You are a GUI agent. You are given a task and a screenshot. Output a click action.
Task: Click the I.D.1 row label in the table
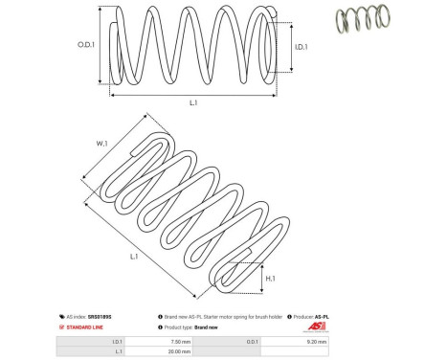tap(117, 340)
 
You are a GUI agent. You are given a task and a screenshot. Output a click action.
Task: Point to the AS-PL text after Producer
tap(326, 314)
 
